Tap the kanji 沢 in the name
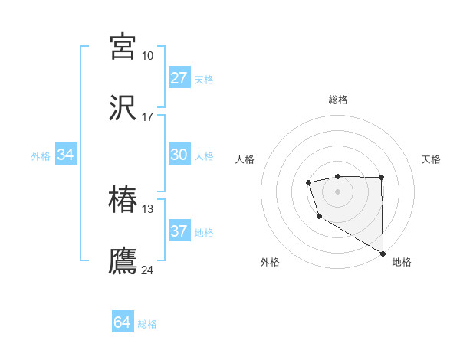123,107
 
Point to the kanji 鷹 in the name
123,260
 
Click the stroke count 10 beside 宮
147,56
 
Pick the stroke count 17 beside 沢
147,117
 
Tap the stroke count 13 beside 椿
147,209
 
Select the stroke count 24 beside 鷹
147,270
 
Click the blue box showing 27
179,78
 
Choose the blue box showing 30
179,155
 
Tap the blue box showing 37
179,231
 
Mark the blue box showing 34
66,155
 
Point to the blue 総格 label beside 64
147,324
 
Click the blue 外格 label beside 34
41,156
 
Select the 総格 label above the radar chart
337,100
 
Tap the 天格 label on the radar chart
431,159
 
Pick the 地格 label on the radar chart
402,262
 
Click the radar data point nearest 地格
383,252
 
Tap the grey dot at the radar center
337,189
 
